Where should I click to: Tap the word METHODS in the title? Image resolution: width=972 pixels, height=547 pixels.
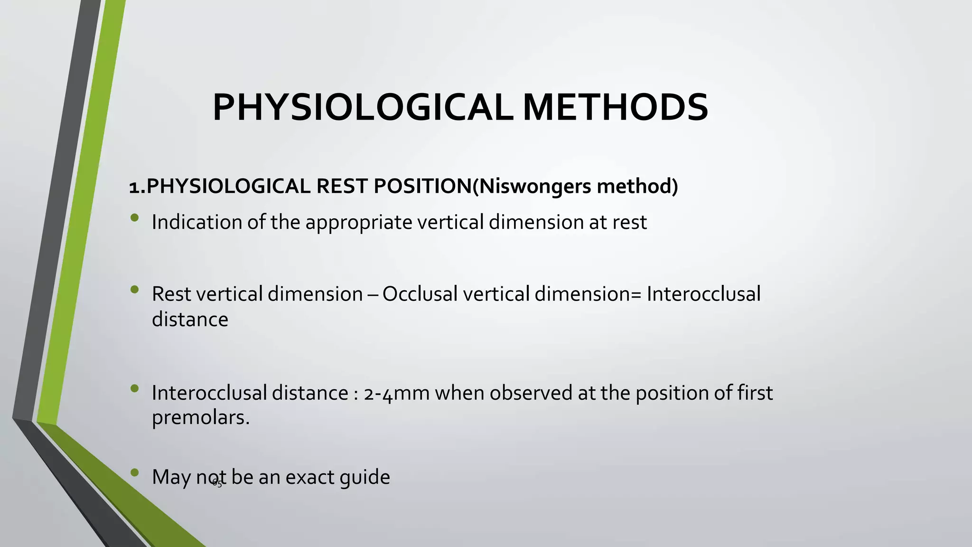point(615,108)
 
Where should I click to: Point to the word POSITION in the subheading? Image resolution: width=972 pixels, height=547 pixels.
point(423,186)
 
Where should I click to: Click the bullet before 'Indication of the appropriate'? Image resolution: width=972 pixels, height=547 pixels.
point(135,218)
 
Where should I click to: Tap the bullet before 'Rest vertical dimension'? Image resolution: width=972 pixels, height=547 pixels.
point(135,289)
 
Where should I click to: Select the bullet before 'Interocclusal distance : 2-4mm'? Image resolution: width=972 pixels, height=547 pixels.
point(135,388)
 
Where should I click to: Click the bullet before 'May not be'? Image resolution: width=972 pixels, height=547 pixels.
point(135,472)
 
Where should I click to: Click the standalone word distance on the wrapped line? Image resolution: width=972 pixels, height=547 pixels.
point(190,319)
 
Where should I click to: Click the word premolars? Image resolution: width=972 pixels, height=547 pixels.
point(200,418)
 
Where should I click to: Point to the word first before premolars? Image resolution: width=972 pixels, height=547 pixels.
point(755,393)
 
